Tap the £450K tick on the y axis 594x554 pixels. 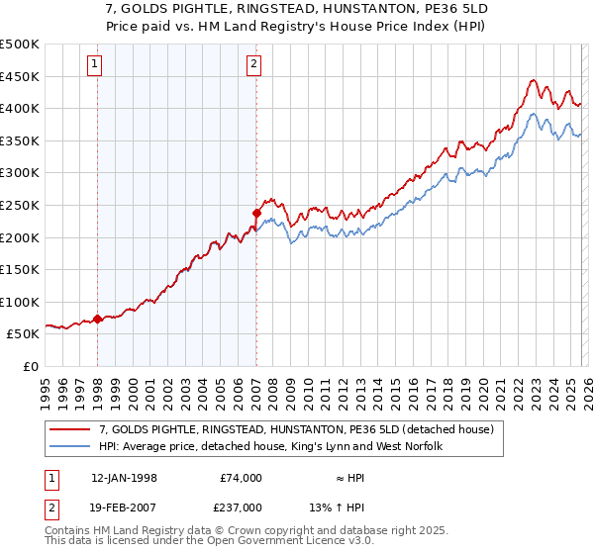tap(20, 76)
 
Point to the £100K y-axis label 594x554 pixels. tap(20, 302)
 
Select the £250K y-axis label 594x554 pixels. tap(20, 205)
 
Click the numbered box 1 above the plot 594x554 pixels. tap(95, 65)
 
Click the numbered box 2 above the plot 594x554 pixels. tap(254, 65)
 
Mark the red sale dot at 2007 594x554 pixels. tap(256, 212)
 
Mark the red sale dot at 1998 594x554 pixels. tap(98, 319)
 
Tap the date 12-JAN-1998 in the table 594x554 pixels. tap(124, 478)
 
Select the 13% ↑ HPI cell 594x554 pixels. tap(350, 508)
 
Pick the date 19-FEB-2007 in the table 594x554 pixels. tap(124, 508)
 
